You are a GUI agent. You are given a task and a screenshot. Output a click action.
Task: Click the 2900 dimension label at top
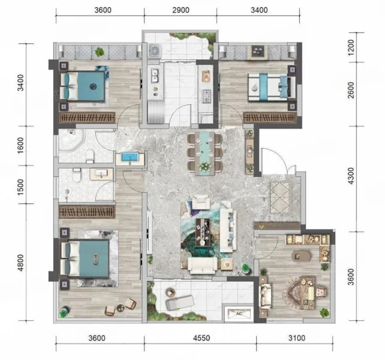pyautogui.click(x=181, y=10)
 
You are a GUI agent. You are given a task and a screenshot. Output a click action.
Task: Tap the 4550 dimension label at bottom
pyautogui.click(x=201, y=338)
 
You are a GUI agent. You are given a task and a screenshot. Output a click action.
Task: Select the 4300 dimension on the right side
pyautogui.click(x=351, y=176)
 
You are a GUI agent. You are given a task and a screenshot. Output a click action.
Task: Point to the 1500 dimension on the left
pyautogui.click(x=21, y=187)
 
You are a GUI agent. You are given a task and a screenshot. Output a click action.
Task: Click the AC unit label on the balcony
pyautogui.click(x=239, y=314)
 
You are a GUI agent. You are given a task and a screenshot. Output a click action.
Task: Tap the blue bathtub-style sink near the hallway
pyautogui.click(x=130, y=158)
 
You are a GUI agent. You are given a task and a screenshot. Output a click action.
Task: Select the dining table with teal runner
pyautogui.click(x=204, y=153)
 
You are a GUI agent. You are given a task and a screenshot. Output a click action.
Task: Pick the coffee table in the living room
pyautogui.click(x=203, y=232)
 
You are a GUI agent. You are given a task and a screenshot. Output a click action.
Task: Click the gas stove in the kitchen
pyautogui.click(x=206, y=96)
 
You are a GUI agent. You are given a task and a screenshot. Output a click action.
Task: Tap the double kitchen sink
pyautogui.click(x=155, y=76)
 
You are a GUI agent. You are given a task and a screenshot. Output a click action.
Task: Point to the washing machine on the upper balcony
pyautogui.click(x=155, y=51)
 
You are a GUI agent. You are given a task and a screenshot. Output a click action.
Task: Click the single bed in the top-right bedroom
pyautogui.click(x=272, y=87)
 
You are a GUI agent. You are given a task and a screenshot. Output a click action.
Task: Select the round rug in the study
pyautogui.click(x=302, y=293)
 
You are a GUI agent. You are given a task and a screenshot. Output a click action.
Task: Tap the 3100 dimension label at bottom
pyautogui.click(x=297, y=338)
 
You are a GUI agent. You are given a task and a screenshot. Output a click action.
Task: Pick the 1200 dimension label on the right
pyautogui.click(x=351, y=47)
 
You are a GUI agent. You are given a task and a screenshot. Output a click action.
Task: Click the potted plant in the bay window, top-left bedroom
pyautogui.click(x=100, y=52)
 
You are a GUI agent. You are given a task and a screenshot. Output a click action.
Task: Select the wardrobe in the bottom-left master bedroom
pyautogui.click(x=87, y=212)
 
